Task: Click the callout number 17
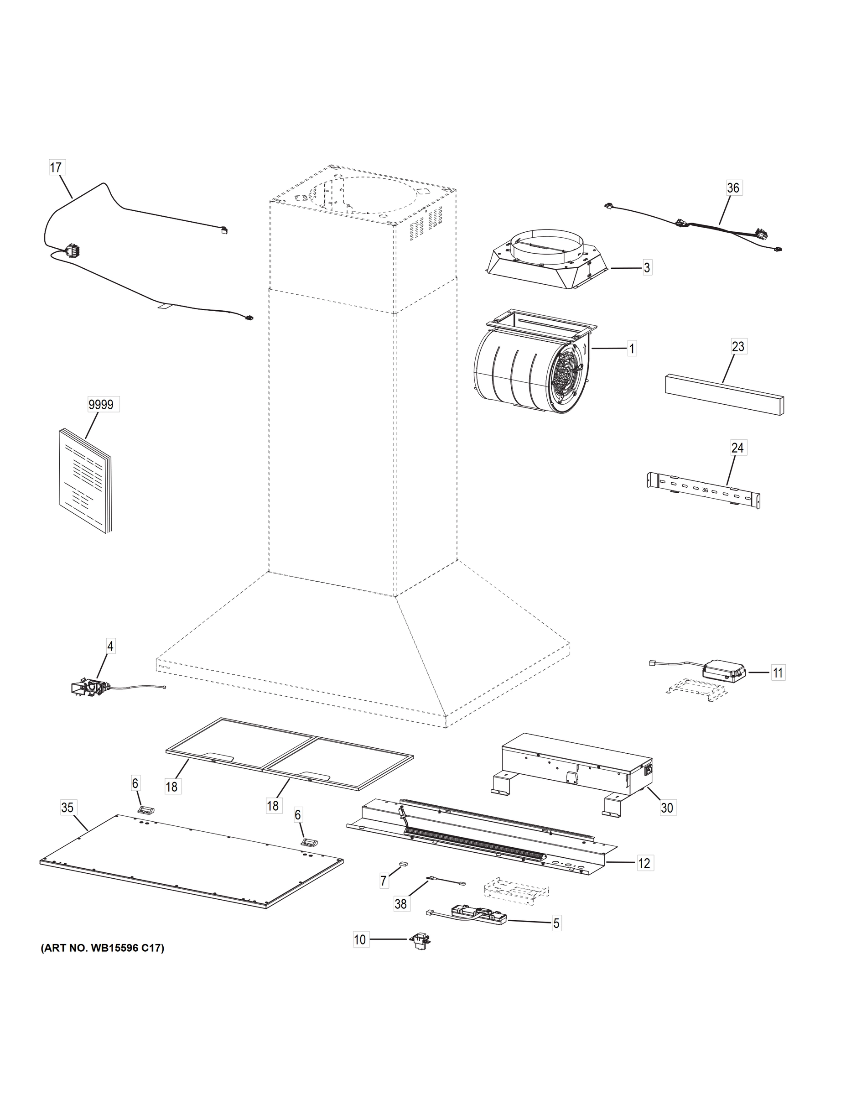[56, 167]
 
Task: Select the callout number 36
[733, 188]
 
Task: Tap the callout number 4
[110, 646]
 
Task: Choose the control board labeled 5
[478, 916]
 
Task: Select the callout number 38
[400, 903]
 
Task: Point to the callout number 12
[644, 863]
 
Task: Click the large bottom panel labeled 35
[191, 860]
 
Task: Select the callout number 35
[67, 807]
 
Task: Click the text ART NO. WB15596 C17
[102, 948]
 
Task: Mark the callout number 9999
[101, 404]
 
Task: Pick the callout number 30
[667, 807]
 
